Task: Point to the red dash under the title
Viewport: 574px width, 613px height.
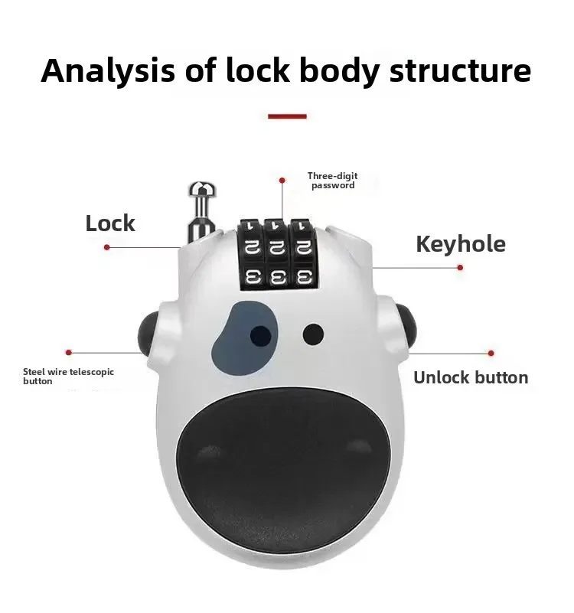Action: tap(287, 116)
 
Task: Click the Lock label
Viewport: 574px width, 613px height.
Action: tap(110, 223)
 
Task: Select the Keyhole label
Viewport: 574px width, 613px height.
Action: tap(461, 244)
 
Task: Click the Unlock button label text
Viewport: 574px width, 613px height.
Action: tap(471, 377)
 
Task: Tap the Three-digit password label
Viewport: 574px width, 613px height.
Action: tap(333, 181)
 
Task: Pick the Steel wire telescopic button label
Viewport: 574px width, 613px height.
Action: tap(68, 376)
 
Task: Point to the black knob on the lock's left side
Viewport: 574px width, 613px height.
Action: tap(148, 330)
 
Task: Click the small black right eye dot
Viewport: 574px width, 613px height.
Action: tap(313, 333)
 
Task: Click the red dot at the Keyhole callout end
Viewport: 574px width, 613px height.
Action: tap(460, 267)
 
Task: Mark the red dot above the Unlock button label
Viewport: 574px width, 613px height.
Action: tap(491, 354)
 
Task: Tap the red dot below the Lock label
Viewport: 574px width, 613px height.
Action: tap(107, 247)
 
